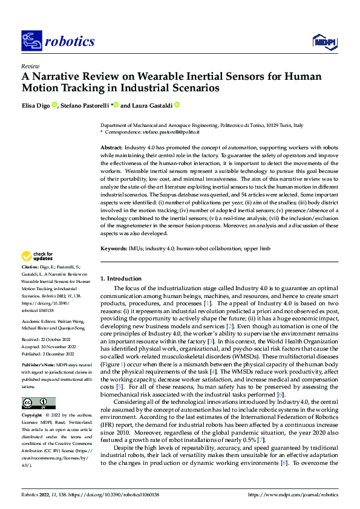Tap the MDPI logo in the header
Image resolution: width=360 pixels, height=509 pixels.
pyautogui.click(x=322, y=41)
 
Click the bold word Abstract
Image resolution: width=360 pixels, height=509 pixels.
pyautogui.click(x=110, y=148)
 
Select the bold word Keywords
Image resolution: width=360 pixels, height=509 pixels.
pyautogui.click(x=113, y=248)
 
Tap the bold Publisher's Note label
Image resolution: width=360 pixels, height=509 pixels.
pyautogui.click(x=38, y=366)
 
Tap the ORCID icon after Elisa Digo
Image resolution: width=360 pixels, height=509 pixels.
pyautogui.click(x=54, y=105)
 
